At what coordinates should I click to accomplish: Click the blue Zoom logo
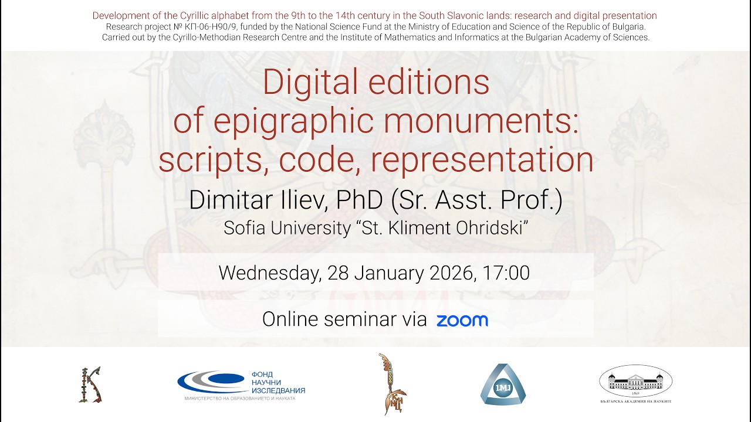click(462, 321)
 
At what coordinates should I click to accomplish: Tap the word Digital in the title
click(310, 83)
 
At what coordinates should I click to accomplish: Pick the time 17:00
click(506, 273)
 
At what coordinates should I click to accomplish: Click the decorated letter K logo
click(90, 384)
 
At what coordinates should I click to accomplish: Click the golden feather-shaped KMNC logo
click(391, 384)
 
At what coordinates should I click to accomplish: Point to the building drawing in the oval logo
click(635, 382)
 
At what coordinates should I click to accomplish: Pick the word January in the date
click(389, 274)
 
